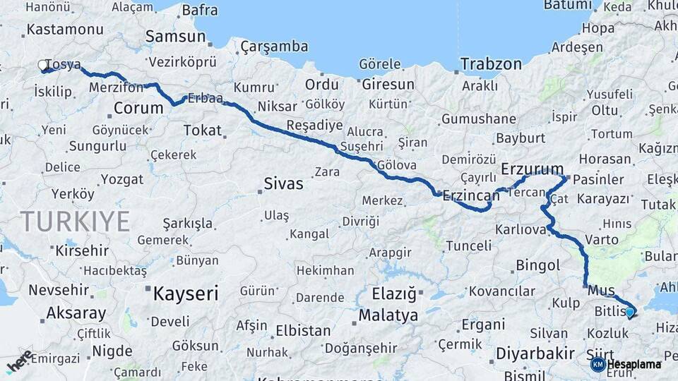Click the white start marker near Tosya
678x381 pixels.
(43, 66)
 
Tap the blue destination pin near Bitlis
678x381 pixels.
(630, 310)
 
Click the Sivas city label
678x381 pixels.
(283, 184)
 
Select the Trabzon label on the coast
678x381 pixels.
(491, 64)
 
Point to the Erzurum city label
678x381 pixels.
(532, 169)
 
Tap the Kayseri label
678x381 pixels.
(186, 293)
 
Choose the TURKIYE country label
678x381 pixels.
(75, 222)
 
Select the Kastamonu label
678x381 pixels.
(55, 30)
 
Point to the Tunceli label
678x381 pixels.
(467, 246)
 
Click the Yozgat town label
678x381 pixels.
(121, 179)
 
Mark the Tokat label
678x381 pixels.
(203, 131)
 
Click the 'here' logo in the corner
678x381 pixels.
(19, 362)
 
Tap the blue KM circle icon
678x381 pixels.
(597, 364)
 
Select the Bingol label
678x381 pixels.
(537, 265)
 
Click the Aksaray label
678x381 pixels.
(76, 313)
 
